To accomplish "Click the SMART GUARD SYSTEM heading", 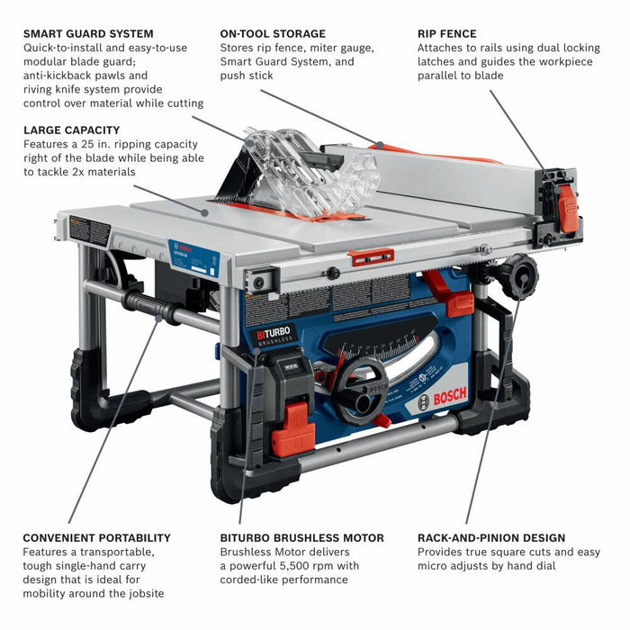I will [88, 34].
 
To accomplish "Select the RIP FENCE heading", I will [447, 34].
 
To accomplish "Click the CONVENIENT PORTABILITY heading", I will [96, 538].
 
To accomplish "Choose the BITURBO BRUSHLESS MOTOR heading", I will [301, 538].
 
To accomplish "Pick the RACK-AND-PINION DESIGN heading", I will [491, 538].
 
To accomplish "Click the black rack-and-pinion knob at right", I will [520, 276].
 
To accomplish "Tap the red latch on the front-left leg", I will [296, 426].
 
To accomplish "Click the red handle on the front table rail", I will [372, 257].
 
